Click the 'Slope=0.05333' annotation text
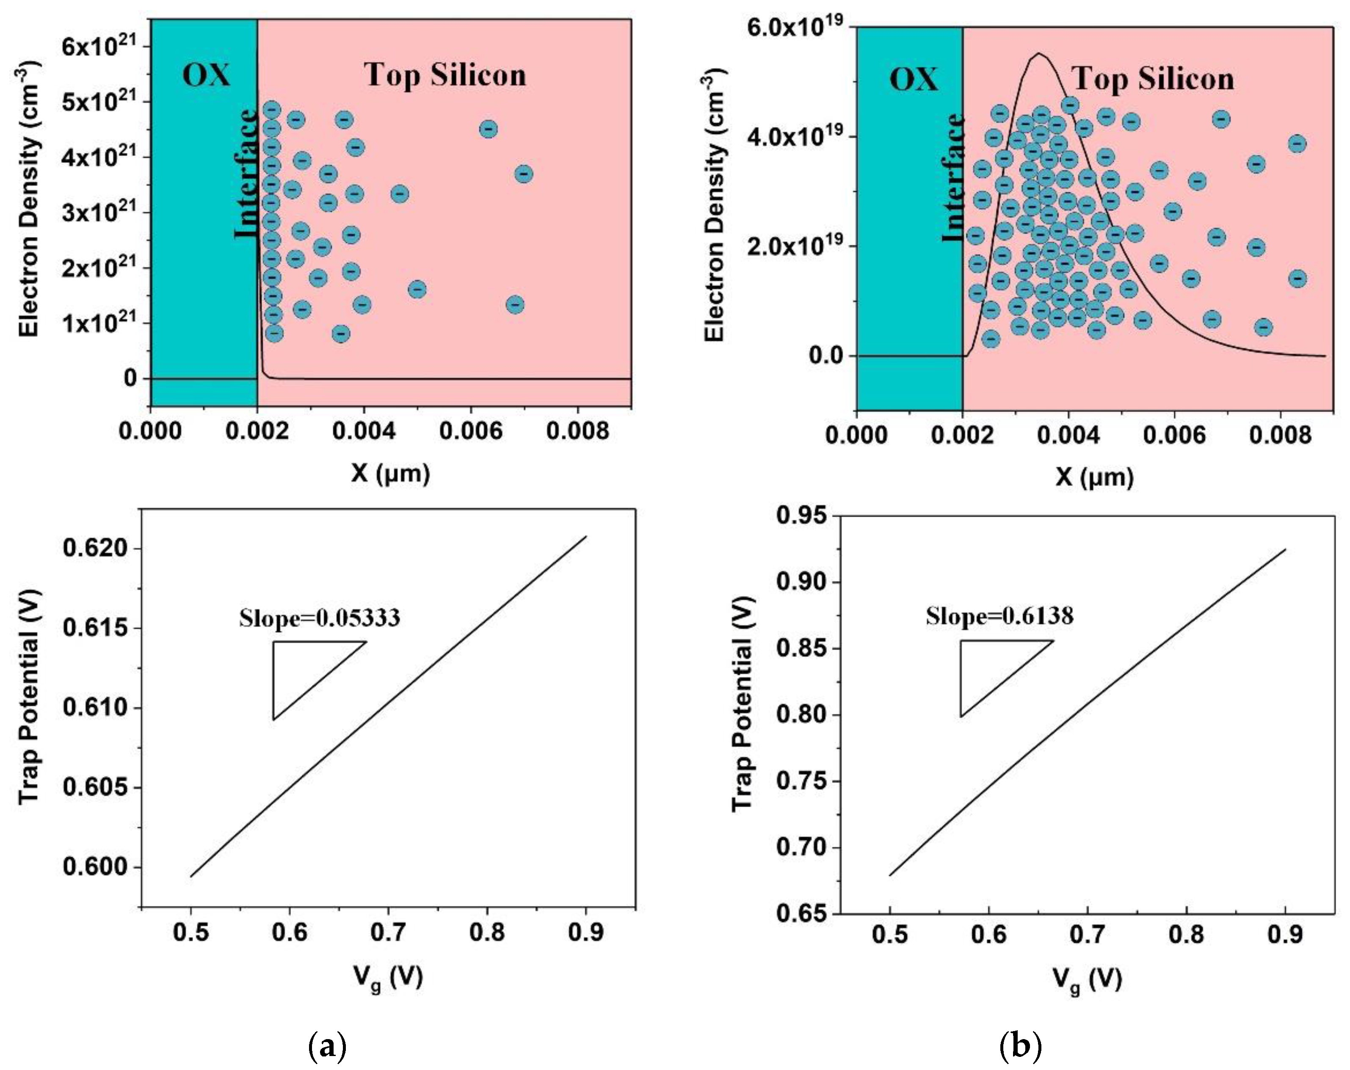tap(319, 618)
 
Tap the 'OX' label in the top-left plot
tap(206, 75)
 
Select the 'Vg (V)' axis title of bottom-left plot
tap(388, 977)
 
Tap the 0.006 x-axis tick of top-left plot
tap(470, 431)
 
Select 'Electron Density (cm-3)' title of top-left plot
tap(30, 199)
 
